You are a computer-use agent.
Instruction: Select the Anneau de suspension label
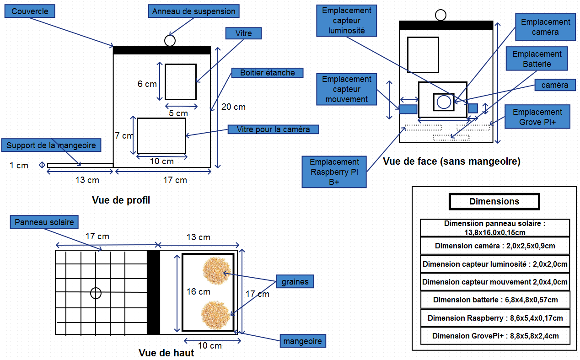193,11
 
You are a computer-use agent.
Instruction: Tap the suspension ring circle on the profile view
170,41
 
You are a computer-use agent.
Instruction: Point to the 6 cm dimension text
147,84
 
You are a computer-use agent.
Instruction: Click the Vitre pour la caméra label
273,129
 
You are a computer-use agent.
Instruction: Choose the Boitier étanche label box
267,72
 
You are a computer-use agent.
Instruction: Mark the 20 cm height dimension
233,107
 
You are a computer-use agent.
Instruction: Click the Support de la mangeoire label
51,145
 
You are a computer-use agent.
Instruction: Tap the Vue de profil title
121,200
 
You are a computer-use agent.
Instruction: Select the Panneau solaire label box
44,222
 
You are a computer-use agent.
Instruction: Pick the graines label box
295,282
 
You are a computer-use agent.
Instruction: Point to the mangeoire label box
302,341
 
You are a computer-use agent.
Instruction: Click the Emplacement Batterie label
537,59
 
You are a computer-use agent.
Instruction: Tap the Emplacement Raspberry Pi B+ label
334,172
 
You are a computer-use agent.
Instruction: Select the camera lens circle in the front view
444,102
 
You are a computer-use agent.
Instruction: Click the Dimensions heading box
494,201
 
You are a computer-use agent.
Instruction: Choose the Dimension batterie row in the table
495,300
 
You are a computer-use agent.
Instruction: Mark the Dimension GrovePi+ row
495,336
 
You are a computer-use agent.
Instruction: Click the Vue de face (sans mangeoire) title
451,161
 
